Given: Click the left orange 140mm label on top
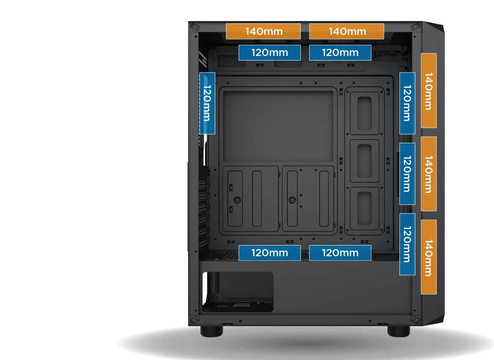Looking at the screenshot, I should point(263,31).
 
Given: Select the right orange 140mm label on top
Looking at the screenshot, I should point(346,31).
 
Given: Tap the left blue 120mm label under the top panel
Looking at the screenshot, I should point(270,52).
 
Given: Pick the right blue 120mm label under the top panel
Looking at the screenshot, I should point(340,52).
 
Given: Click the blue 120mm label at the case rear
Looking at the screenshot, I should point(206,103).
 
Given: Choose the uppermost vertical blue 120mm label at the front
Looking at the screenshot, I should point(407,103).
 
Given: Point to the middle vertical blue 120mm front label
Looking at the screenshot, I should point(407,174).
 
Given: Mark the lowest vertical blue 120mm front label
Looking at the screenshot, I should point(407,244).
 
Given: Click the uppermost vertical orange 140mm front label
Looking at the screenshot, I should point(428,90).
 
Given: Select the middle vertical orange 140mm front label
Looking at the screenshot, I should point(428,174).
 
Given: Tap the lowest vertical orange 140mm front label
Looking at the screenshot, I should point(428,257).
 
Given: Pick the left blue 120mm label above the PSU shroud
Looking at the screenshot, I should point(270,253).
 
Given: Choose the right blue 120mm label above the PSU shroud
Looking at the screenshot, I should point(340,253).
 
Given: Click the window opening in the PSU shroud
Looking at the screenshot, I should point(239,292).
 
